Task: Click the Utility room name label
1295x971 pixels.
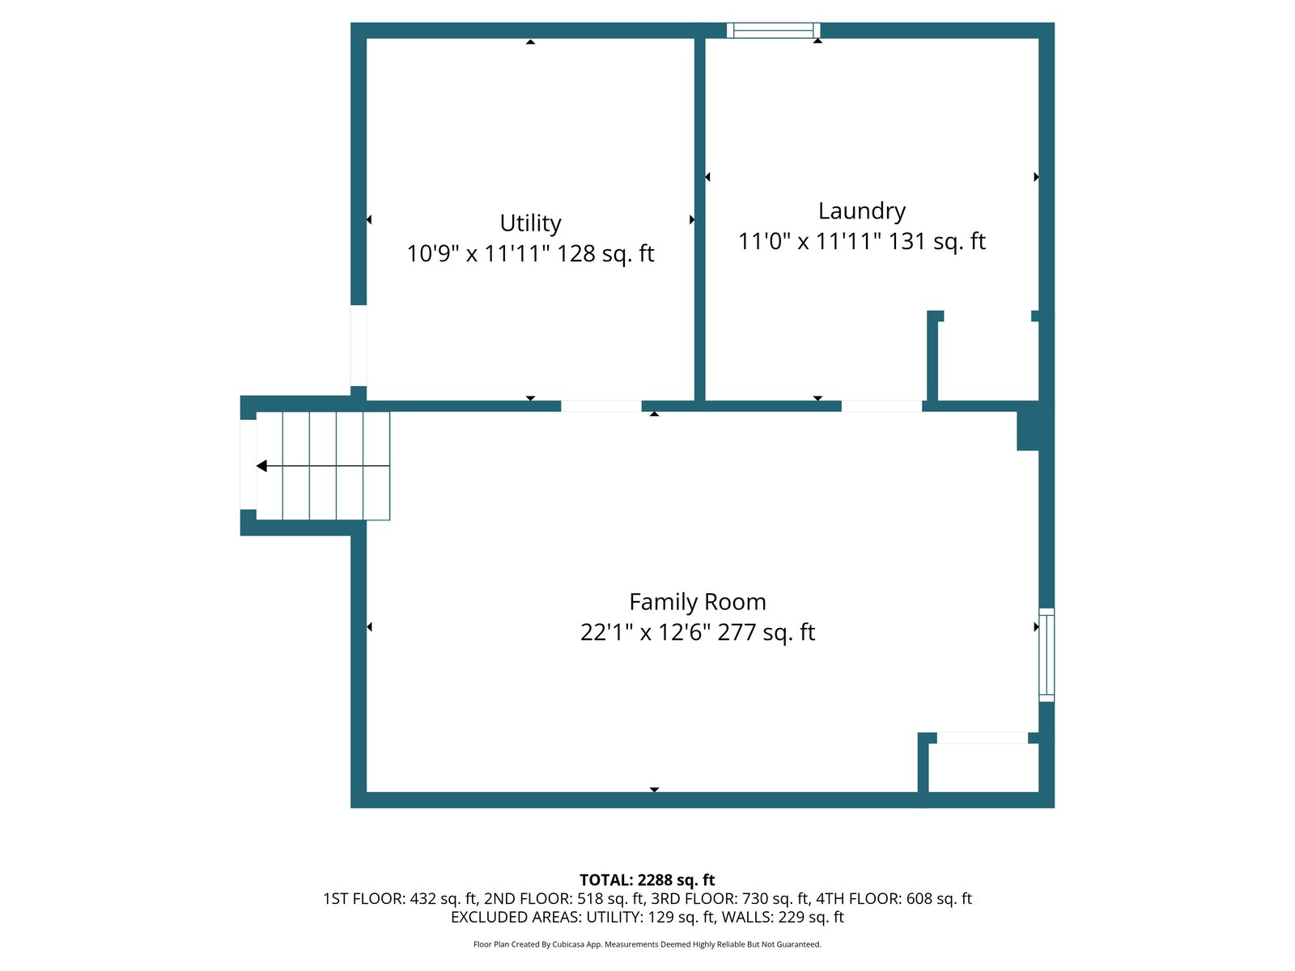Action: point(530,223)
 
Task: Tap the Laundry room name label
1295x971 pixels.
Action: point(861,211)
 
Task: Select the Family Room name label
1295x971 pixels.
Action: point(698,601)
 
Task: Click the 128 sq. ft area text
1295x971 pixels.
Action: point(605,253)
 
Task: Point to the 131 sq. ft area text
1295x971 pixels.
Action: point(937,241)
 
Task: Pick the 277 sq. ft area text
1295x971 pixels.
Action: point(766,632)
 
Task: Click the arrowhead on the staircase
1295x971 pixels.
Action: point(261,466)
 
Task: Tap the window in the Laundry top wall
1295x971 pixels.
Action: point(773,30)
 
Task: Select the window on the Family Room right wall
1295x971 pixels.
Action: point(1046,655)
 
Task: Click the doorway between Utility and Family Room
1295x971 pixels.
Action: point(601,405)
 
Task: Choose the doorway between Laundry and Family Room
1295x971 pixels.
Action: point(881,405)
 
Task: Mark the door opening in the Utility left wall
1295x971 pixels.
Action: point(359,346)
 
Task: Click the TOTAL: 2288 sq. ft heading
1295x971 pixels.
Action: point(647,880)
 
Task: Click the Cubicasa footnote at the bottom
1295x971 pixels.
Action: point(647,944)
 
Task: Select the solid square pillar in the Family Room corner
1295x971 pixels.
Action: point(1028,430)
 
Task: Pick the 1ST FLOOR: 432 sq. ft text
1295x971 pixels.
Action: point(400,898)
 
